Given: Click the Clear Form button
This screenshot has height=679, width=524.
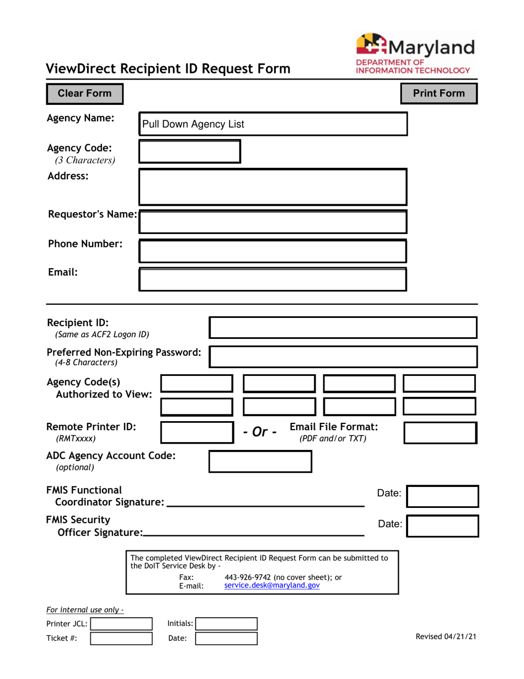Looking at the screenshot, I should pyautogui.click(x=84, y=94).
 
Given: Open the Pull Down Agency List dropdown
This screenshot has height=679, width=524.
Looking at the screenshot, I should pyautogui.click(x=272, y=124).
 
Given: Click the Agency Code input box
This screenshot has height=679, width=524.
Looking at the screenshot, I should pyautogui.click(x=189, y=152).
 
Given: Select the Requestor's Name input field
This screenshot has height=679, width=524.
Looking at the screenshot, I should pyautogui.click(x=272, y=221).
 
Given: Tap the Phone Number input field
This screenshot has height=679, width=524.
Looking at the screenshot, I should pyautogui.click(x=272, y=251).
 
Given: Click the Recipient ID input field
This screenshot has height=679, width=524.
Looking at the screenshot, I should pyautogui.click(x=343, y=327).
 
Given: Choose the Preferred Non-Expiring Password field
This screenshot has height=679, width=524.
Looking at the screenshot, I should pyautogui.click(x=343, y=357).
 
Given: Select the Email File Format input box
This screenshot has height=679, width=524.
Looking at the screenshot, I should pyautogui.click(x=440, y=433).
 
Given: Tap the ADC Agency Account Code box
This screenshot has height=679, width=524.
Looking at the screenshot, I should pyautogui.click(x=260, y=461).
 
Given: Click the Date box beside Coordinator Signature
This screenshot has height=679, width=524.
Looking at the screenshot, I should pyautogui.click(x=442, y=496).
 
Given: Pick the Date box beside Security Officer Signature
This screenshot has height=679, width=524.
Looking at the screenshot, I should pyautogui.click(x=442, y=526).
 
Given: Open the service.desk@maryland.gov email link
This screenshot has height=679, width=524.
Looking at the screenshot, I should pyautogui.click(x=272, y=586).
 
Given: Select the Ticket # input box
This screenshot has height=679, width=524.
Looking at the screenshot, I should pyautogui.click(x=121, y=639).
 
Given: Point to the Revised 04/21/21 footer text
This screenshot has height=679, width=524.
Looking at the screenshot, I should pyautogui.click(x=446, y=636).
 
